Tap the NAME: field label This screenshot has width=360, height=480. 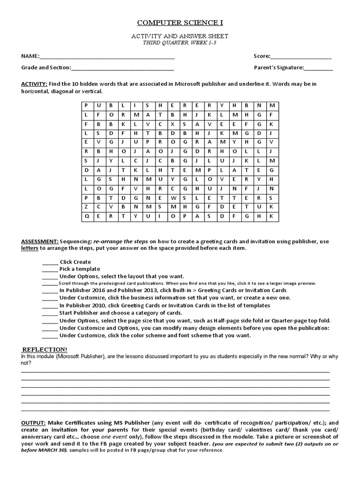point(30,56)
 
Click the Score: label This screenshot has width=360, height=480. point(262,56)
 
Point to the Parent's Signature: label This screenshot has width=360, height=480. point(279,67)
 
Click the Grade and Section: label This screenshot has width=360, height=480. point(45,67)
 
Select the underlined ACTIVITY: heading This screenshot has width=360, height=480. point(34,84)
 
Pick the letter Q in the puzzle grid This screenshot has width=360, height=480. point(86,216)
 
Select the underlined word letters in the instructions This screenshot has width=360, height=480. point(29,248)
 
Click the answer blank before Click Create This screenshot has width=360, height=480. point(50,262)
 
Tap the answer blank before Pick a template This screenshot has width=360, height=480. point(50,269)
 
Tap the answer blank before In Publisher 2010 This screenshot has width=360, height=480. point(50,306)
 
